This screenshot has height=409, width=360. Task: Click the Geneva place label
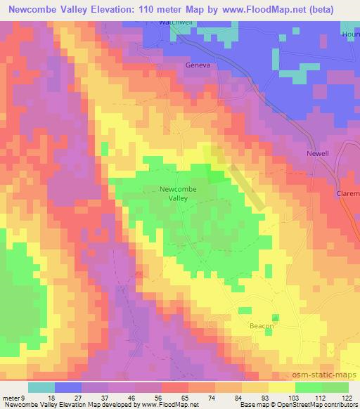pos(198,65)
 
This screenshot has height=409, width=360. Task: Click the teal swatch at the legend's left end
pos(41,387)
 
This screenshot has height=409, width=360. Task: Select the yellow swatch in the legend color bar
pos(282,387)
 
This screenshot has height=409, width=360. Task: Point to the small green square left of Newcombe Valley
pos(105,148)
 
